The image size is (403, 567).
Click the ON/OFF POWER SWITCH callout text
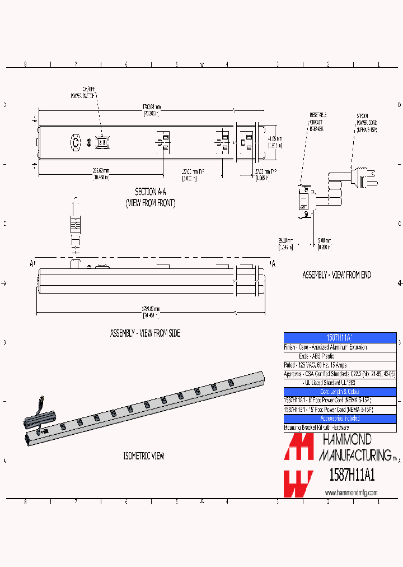82,92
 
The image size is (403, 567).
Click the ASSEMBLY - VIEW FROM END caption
336,275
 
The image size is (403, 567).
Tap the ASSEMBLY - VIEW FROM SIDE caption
145,333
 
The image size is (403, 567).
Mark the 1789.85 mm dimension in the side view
149,312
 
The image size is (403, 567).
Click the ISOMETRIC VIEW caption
144,456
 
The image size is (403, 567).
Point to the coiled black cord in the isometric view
39,418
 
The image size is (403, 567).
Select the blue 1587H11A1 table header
340,337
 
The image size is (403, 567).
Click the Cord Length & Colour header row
340,391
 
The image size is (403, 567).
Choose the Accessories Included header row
340,418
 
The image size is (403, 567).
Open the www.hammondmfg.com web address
351,492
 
